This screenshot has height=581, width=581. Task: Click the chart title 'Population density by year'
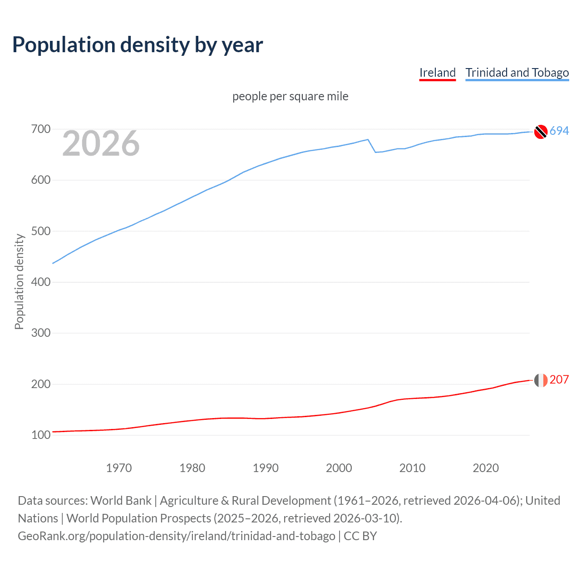click(138, 45)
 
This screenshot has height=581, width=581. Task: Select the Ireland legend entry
click(437, 73)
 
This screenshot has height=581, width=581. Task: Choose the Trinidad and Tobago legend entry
click(517, 73)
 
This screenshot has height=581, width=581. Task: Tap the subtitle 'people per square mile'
click(290, 96)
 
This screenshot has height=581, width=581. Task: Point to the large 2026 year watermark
click(101, 143)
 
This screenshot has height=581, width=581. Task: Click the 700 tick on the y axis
click(40, 129)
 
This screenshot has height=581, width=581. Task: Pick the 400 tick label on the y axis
click(40, 282)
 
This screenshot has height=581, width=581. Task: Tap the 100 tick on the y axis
click(40, 435)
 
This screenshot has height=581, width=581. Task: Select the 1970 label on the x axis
click(119, 468)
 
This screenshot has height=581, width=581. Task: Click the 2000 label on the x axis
click(339, 468)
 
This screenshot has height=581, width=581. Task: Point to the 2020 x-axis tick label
click(486, 468)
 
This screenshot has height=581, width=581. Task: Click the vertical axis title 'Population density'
click(19, 281)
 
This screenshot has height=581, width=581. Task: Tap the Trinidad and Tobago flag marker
click(541, 131)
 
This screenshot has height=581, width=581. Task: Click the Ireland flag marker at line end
click(541, 380)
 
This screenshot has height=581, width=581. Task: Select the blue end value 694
click(559, 131)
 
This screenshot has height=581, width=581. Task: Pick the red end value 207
click(559, 380)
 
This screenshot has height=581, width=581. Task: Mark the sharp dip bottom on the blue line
click(375, 152)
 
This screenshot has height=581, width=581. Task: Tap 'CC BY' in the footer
click(360, 536)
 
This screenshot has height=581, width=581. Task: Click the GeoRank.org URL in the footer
click(176, 536)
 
